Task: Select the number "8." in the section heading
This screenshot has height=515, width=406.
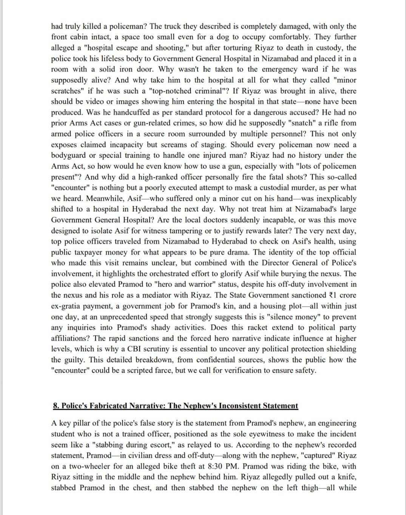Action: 56,406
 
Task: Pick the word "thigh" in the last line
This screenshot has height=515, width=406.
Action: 310,488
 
